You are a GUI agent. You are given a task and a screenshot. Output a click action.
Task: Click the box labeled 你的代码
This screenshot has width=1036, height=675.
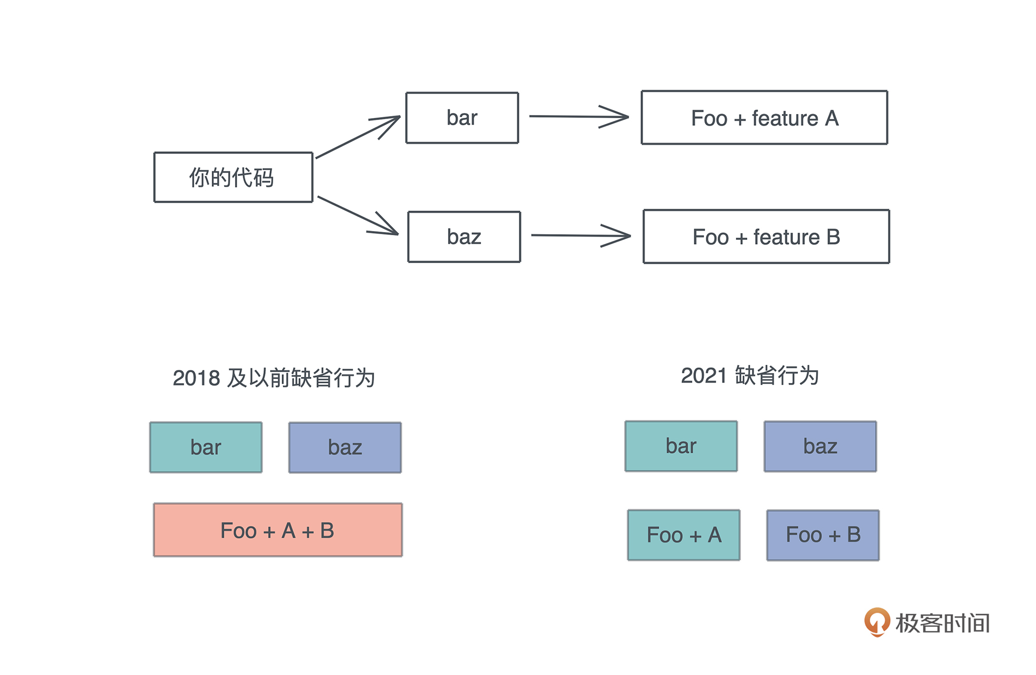click(233, 177)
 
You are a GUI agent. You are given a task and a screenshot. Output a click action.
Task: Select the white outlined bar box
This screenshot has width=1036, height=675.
click(462, 118)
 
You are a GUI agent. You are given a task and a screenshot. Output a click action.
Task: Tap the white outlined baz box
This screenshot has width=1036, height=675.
click(464, 237)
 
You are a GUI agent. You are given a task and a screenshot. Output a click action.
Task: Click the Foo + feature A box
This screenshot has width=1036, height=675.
click(764, 118)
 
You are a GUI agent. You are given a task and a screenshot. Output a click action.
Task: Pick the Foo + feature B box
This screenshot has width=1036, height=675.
click(766, 237)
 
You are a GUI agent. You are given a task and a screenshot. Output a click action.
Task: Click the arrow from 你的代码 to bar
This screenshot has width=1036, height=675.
click(357, 137)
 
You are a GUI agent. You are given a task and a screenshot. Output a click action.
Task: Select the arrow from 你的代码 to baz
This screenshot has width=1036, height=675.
click(357, 215)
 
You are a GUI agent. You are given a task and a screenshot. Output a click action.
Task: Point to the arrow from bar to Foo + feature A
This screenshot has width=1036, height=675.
click(578, 117)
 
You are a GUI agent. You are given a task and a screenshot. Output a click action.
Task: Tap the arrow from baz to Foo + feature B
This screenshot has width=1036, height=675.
click(580, 236)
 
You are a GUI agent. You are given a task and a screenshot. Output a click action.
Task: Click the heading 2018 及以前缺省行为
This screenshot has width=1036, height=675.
click(274, 378)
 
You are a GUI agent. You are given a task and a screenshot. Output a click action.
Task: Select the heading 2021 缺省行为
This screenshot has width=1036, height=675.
click(750, 376)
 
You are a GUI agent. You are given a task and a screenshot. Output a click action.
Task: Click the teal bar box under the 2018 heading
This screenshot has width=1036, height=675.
click(206, 447)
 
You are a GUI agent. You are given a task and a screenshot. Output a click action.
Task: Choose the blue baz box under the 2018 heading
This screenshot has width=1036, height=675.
click(345, 447)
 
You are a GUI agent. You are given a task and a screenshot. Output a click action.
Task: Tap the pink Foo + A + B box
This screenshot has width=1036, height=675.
click(278, 530)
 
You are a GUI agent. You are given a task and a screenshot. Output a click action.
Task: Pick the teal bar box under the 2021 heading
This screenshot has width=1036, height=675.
click(681, 446)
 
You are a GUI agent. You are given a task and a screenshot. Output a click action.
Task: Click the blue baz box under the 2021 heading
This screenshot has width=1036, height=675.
click(820, 446)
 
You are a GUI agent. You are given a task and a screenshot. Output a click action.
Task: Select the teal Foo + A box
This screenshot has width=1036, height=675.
click(684, 535)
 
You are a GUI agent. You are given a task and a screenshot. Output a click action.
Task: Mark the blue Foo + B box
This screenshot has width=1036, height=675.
click(823, 535)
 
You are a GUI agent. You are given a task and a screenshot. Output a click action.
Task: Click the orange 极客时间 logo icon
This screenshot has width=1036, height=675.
click(877, 621)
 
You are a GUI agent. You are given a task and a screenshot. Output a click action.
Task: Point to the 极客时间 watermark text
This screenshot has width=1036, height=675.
click(942, 623)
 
